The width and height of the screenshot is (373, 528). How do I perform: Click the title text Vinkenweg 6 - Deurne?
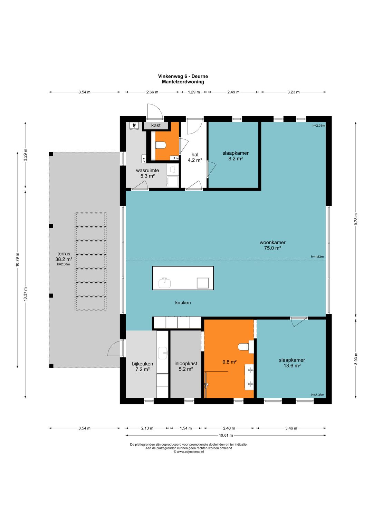183,76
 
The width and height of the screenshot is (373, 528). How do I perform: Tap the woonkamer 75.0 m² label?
272,245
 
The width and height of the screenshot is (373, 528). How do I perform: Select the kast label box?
156,125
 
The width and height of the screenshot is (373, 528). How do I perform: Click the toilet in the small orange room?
161,145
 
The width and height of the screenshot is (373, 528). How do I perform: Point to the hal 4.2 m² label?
195,157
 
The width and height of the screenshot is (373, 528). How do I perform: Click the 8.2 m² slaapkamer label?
236,156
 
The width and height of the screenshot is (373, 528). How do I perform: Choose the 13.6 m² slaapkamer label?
292,363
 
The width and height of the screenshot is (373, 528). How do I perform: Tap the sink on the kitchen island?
164,283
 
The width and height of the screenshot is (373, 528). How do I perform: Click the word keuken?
183,303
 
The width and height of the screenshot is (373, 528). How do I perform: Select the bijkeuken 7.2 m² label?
142,366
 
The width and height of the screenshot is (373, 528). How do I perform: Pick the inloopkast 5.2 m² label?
186,366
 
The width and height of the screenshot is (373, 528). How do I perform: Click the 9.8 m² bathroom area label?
229,362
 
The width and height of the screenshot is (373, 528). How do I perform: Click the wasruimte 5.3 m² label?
147,173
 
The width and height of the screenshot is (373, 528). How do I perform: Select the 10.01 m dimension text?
226,435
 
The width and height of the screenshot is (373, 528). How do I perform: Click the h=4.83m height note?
317,257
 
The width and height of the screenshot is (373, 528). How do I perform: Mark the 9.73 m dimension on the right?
356,219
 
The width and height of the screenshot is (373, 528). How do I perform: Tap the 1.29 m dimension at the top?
194,92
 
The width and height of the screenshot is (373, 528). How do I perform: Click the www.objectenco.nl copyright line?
189,452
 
